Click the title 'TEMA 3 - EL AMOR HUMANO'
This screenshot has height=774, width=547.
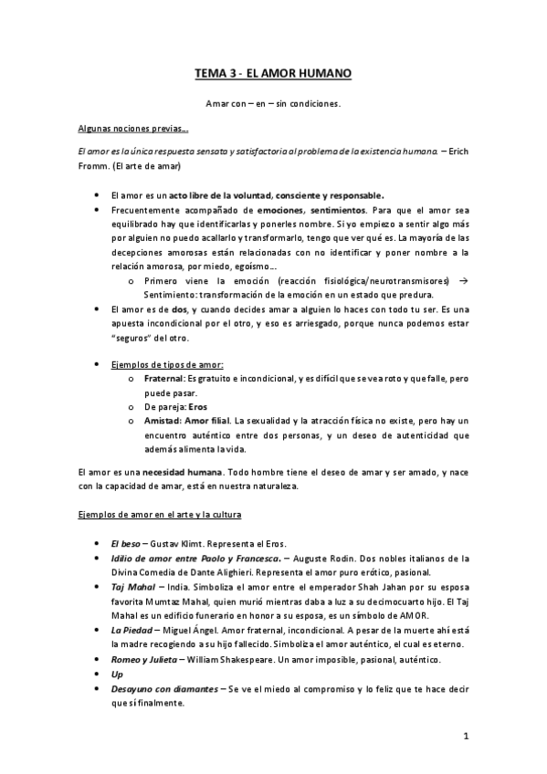tap(273, 72)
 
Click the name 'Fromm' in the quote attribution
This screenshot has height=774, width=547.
tap(92, 165)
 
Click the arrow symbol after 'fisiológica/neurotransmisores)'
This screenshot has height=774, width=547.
tap(464, 281)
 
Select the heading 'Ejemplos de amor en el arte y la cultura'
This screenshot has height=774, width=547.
tap(160, 516)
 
